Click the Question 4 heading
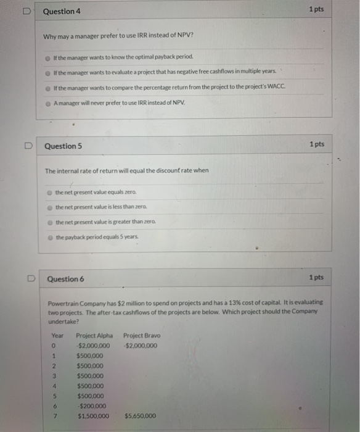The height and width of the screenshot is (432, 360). pyautogui.click(x=62, y=12)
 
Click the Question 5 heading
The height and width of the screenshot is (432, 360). pyautogui.click(x=63, y=146)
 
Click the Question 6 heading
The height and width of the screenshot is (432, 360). pyautogui.click(x=66, y=279)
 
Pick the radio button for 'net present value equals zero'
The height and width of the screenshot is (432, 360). pyautogui.click(x=50, y=193)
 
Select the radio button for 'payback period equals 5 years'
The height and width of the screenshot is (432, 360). pyautogui.click(x=50, y=237)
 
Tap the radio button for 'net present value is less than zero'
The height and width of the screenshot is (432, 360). pyautogui.click(x=50, y=207)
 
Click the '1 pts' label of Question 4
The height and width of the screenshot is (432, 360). pyautogui.click(x=316, y=10)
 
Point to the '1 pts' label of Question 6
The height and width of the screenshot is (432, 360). pyautogui.click(x=316, y=278)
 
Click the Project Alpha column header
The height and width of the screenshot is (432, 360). pyautogui.click(x=94, y=336)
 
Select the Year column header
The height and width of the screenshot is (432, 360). pyautogui.click(x=57, y=336)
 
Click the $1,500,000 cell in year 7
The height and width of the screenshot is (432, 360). pyautogui.click(x=93, y=415)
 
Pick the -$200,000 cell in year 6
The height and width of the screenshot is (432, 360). pyautogui.click(x=92, y=405)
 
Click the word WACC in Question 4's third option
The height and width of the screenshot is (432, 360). pyautogui.click(x=278, y=87)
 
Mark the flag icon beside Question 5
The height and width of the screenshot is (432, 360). pyautogui.click(x=28, y=146)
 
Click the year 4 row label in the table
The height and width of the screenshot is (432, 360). pyautogui.click(x=54, y=386)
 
